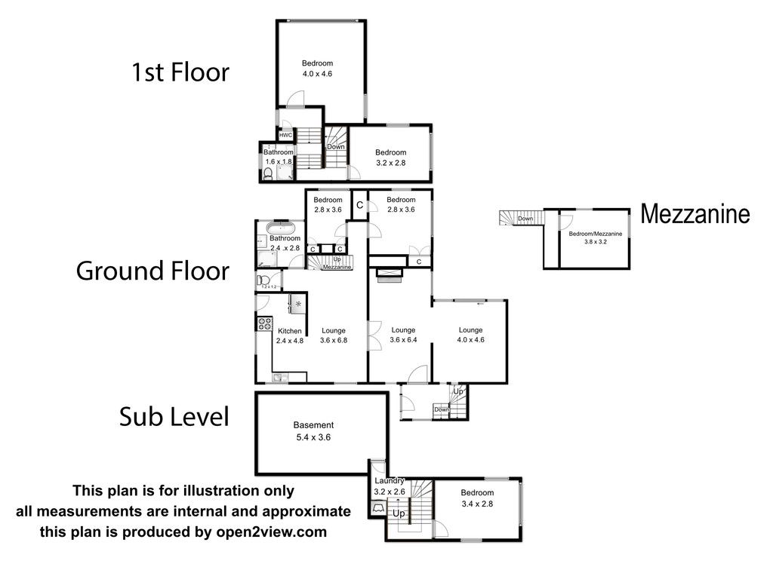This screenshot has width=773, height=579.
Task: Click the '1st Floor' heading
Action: point(180,72)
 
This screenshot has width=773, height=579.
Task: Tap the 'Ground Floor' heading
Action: point(152,271)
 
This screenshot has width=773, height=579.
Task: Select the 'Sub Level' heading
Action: point(174,416)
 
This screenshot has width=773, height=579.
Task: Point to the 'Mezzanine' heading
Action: point(695,214)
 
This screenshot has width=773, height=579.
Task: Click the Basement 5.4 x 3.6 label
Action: point(315,430)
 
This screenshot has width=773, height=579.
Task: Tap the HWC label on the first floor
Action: point(286,135)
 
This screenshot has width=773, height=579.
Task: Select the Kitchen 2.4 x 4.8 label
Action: point(289,336)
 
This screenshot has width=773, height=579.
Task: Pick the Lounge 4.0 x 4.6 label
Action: point(470,335)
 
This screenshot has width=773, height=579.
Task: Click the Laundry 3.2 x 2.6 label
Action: point(390,486)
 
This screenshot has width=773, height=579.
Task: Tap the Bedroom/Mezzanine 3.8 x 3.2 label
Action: point(596,237)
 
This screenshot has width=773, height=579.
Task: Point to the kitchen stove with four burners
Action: point(265,323)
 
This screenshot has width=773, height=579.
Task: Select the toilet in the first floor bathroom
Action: point(269,174)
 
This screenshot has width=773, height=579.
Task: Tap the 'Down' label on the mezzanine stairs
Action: point(526,219)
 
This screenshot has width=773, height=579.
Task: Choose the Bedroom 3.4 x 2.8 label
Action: point(476,498)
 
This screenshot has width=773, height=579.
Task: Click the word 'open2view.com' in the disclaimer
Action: point(279,532)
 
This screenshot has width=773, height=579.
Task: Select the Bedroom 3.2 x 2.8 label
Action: point(391,158)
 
